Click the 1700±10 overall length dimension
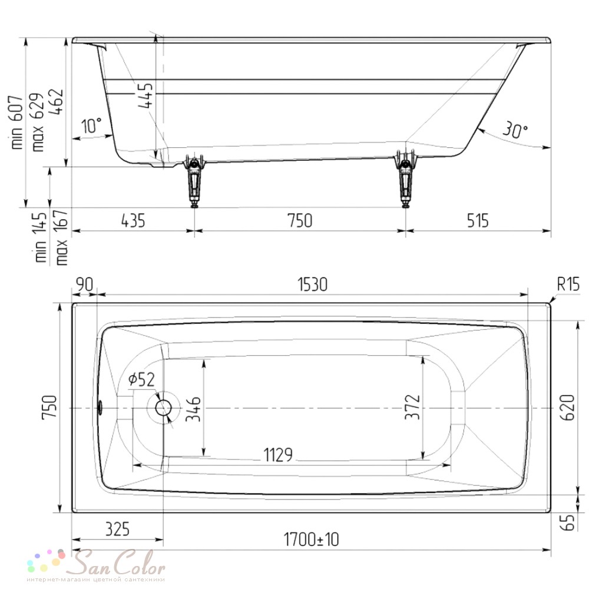point(311,540)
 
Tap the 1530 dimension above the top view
point(313,284)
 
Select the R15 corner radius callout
point(568,284)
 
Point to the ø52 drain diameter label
point(141,379)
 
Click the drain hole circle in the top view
point(163,408)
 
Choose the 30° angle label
point(515,130)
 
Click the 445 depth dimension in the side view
point(145,95)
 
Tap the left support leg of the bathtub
point(194,180)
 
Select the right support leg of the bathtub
point(405,178)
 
